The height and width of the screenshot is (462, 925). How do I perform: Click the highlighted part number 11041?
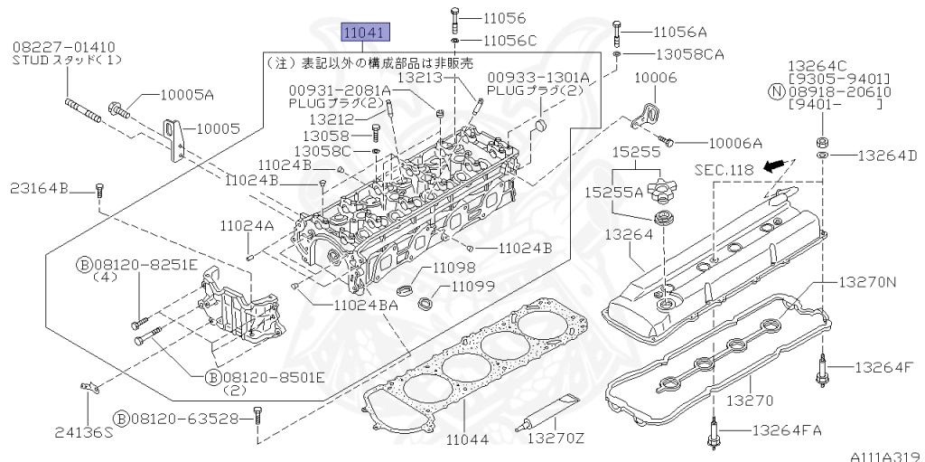pos(365,33)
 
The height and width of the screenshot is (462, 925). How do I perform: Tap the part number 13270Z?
pos(556,439)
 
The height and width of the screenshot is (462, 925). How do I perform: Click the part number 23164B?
pos(40,189)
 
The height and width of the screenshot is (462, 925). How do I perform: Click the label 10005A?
pos(187,95)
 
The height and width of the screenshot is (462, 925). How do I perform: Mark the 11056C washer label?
pos(509,41)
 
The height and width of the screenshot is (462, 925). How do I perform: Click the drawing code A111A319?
pos(883,455)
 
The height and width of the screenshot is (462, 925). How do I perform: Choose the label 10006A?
pos(734,142)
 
